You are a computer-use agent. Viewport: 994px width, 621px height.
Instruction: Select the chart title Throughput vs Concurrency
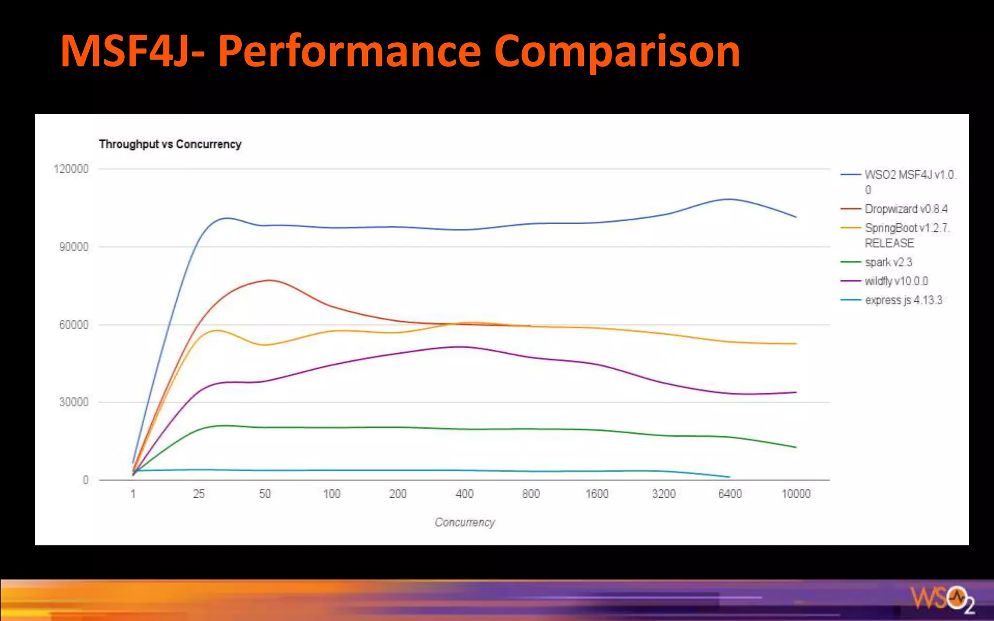coord(170,144)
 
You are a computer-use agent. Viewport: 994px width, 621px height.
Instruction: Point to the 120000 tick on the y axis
coord(71,169)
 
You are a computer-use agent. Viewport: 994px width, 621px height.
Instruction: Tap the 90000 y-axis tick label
coord(73,247)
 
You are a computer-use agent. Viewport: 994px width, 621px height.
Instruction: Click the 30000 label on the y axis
coord(73,402)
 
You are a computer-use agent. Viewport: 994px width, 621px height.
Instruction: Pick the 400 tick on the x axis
coord(464,494)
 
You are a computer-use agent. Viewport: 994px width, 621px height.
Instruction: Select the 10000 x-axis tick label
coord(795,494)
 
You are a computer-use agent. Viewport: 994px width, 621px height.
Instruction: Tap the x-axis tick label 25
coord(199,494)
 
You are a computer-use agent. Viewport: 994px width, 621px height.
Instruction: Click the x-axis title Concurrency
coord(464,523)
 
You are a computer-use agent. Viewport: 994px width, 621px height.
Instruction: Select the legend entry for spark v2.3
coord(888,262)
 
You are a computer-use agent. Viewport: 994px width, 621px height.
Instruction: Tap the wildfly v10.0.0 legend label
coord(896,281)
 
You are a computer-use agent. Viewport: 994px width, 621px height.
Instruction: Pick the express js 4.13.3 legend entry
coord(903,300)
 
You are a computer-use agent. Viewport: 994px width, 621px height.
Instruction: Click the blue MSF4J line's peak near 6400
coord(729,199)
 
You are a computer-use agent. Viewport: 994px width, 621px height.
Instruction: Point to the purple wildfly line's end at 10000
coord(795,392)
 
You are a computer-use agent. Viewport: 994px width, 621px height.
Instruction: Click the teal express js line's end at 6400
coord(729,477)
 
